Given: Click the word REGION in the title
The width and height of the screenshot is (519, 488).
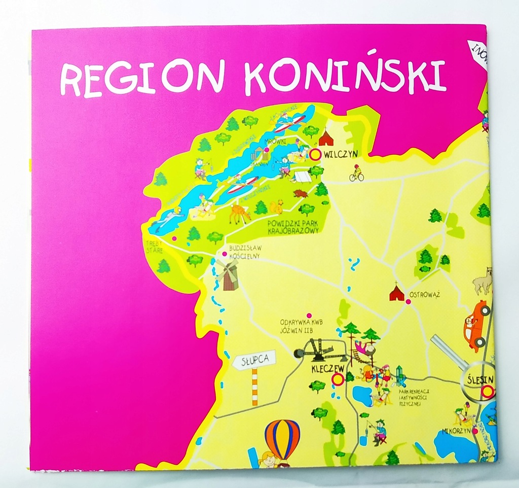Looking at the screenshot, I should (x=141, y=79).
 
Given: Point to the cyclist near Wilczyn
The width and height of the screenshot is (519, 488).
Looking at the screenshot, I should (x=356, y=173).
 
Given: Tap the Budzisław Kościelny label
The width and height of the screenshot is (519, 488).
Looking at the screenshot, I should (x=244, y=252).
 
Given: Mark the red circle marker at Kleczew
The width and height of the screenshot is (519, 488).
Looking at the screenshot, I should (x=338, y=379).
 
